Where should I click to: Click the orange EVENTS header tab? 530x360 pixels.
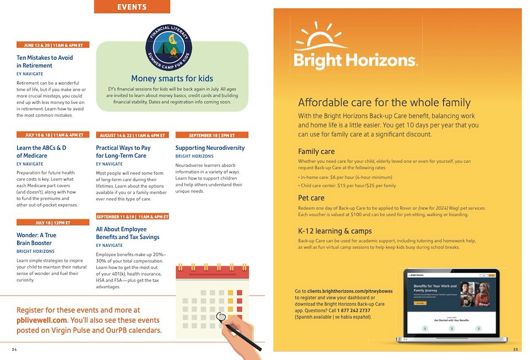click(132, 7)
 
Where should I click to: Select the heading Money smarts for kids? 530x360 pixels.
click(172, 78)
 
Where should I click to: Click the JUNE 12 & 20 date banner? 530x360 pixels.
click(53, 45)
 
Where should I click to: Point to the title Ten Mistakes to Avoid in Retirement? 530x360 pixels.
click(45, 61)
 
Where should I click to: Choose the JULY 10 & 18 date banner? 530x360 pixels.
click(53, 135)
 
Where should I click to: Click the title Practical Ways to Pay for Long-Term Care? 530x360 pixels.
click(123, 152)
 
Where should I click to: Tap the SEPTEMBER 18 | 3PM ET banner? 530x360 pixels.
click(212, 135)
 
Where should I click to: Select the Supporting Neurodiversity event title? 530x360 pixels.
click(210, 148)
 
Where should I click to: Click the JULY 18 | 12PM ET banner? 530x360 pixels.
click(53, 222)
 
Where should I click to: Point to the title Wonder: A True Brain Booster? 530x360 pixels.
click(36, 239)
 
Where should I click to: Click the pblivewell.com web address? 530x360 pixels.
click(42, 320)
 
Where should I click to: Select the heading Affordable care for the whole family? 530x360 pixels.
click(384, 103)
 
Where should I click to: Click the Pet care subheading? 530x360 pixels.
click(311, 198)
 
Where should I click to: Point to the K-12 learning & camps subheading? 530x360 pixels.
click(335, 231)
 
